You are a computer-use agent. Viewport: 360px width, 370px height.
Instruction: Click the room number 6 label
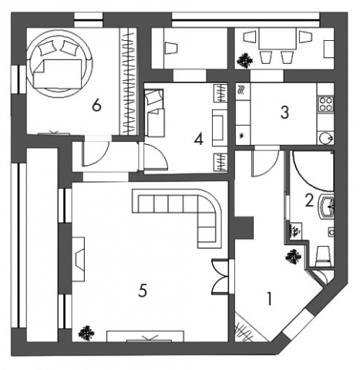[96, 106]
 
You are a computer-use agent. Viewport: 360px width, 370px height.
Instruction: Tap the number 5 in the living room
[143, 291]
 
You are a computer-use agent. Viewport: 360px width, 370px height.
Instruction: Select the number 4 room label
[199, 140]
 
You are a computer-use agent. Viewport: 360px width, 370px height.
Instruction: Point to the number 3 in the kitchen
[284, 113]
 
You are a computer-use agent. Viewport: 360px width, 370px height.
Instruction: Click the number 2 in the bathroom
[309, 200]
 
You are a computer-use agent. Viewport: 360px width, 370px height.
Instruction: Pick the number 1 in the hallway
[269, 299]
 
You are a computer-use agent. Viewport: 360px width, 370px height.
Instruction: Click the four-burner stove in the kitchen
[325, 103]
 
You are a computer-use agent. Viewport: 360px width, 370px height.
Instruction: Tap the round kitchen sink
[326, 138]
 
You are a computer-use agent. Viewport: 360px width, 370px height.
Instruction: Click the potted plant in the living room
[86, 333]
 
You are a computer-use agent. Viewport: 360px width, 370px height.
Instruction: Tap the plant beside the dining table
[244, 60]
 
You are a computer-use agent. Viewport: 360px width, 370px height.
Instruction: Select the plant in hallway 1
[294, 257]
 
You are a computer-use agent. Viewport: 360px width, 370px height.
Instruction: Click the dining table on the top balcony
[278, 39]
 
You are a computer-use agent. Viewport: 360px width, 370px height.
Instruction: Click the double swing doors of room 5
[220, 277]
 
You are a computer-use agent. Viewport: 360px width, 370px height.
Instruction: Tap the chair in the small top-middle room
[170, 48]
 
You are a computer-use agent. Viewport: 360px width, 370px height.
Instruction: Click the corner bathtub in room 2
[312, 171]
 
